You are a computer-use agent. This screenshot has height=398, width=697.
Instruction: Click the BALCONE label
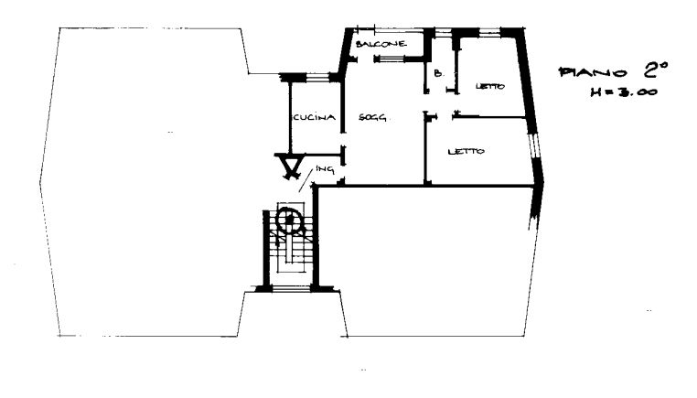pos(381,44)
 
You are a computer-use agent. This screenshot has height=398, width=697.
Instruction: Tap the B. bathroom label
pos(439,73)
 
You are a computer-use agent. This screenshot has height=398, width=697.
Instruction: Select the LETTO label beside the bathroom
pos(490,86)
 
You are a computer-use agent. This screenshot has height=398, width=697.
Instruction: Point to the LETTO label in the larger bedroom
pos(466,152)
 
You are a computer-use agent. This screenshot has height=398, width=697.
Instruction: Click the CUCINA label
pos(314,117)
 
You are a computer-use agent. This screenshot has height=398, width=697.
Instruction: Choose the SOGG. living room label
pos(372,118)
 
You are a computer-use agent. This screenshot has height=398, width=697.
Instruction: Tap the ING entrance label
pos(325,169)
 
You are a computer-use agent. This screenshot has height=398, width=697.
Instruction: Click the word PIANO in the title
pos(593,72)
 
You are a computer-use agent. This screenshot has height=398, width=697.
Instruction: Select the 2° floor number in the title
pos(654,70)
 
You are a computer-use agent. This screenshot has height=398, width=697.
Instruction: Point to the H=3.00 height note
pos(624,92)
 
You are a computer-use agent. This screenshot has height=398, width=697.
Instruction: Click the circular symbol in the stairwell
pos(289,220)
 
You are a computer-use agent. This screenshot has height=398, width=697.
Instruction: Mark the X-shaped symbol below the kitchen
pos(291,166)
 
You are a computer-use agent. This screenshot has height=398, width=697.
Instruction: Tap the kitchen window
pos(316,78)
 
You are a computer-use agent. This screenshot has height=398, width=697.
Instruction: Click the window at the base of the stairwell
pos(291,288)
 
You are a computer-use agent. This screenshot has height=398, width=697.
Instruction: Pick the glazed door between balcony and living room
pos(390,59)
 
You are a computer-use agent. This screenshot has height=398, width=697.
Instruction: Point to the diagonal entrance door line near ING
pos(306,180)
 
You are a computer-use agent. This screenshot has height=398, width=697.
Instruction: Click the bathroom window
pos(443,31)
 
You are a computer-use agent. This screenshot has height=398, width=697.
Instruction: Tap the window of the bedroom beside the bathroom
pos(490,31)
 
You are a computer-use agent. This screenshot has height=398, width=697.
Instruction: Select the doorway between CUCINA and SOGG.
pos(343,140)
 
